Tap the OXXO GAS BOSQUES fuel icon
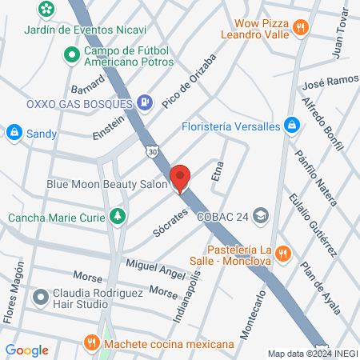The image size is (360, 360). coord(145,102)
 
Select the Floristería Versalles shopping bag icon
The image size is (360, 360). coord(293,126)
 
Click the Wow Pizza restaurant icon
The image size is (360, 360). coord(301,27)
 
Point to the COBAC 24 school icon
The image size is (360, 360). coord(261,214)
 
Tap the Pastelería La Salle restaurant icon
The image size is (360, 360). coord(282,254)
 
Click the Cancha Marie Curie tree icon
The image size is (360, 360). coord(118,216)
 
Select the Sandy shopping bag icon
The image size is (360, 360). coord(14,132)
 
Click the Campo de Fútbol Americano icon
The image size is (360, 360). coord(71,55)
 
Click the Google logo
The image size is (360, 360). coord(26,350)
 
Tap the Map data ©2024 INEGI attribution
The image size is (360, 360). coord(310,353)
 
